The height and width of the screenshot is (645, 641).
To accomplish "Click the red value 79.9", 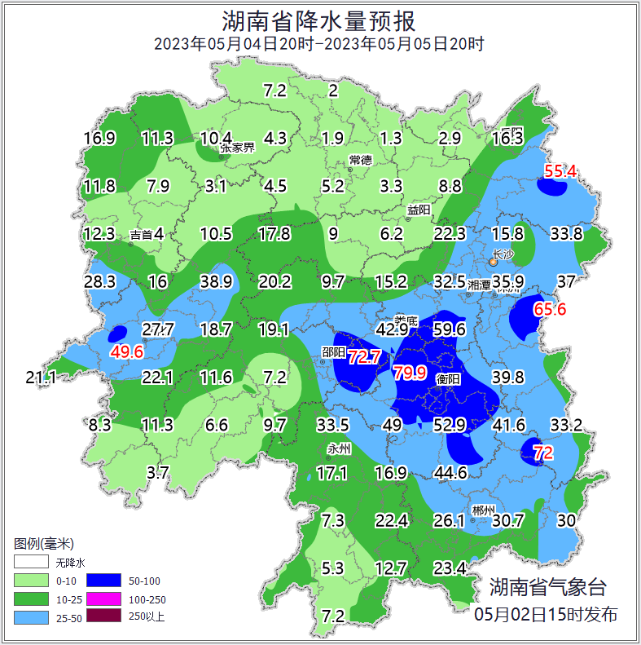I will pos(410,373).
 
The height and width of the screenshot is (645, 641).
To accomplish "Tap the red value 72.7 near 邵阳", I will pos(364,356).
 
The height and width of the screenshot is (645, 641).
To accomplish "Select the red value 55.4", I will pos(560,171).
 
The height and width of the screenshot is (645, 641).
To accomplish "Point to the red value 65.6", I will pos(549,309).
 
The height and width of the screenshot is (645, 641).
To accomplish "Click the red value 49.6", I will pos(127,351).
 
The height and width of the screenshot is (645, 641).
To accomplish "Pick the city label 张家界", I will pos(237,148).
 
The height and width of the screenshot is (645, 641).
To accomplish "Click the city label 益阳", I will pos(419,210).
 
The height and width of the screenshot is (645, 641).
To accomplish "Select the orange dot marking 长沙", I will pos(494,262).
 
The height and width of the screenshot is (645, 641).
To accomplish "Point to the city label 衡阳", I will pos(449,380).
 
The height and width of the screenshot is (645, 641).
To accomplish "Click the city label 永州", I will pos(338,448).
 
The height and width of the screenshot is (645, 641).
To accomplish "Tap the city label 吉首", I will pos(141,235).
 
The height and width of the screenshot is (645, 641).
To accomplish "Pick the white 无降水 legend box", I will pos(31,563).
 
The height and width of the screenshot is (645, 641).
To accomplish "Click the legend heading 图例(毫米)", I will pos(44,544).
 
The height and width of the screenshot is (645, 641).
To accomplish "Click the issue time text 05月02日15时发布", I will pos(546,614).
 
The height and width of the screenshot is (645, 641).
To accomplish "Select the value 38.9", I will pos(217,282).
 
